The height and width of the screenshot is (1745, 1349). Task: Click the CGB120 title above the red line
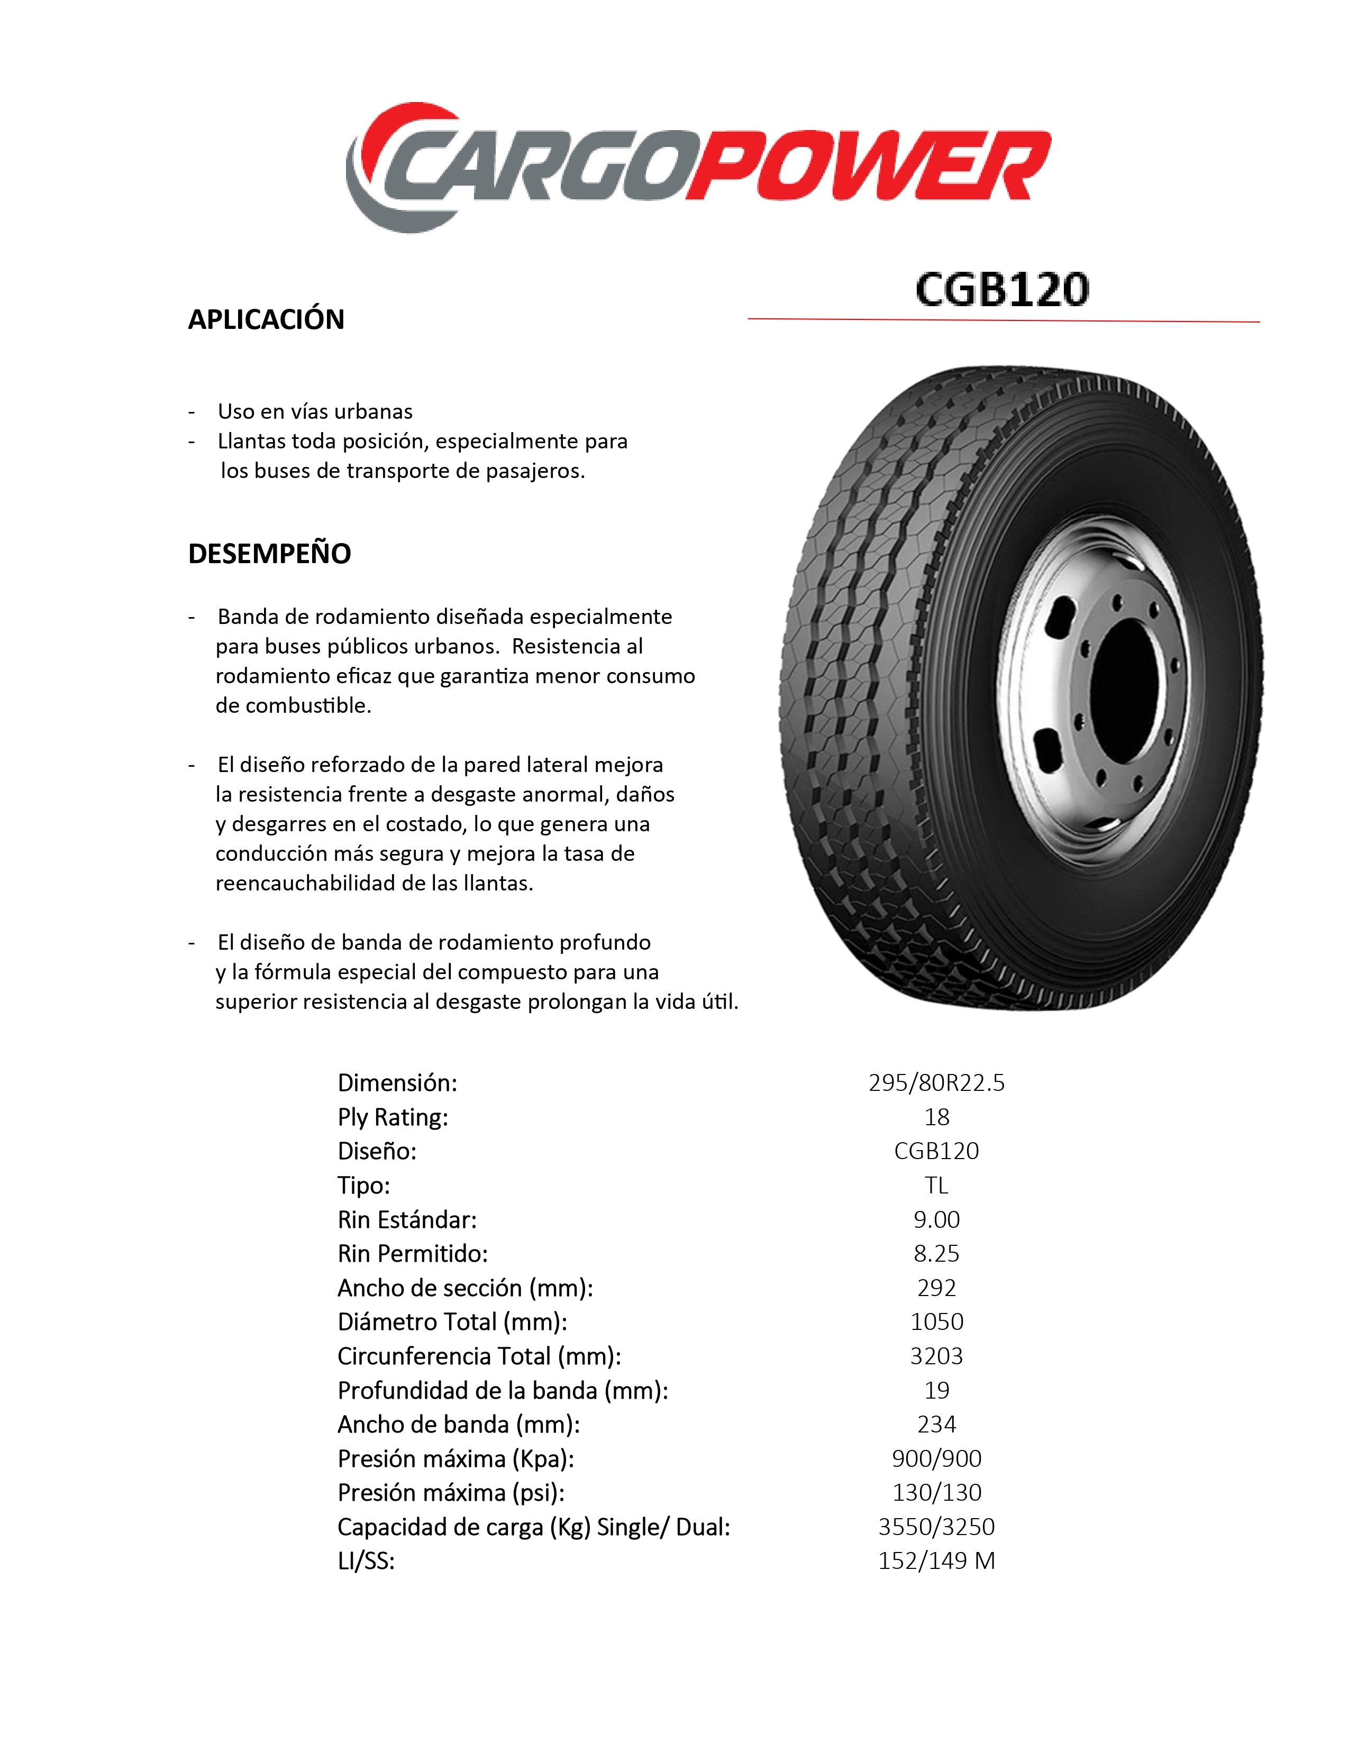[1001, 289]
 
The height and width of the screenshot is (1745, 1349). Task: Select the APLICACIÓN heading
[266, 319]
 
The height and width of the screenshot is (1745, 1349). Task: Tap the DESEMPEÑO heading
[269, 554]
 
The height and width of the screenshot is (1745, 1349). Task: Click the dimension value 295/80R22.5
[936, 1082]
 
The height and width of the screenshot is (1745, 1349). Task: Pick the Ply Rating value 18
[936, 1117]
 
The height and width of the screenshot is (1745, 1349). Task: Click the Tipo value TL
[936, 1185]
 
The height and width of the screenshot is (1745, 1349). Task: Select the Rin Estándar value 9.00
[936, 1219]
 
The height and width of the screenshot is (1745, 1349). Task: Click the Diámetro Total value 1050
[936, 1321]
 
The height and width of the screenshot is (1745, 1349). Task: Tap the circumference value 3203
[936, 1356]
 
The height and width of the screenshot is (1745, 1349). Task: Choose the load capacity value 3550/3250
[936, 1527]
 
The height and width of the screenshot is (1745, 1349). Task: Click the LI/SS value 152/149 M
[936, 1560]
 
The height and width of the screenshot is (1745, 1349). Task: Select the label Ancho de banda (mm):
[458, 1425]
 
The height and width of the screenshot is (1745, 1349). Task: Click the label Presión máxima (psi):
[451, 1493]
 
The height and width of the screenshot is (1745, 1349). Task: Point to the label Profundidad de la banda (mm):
[503, 1390]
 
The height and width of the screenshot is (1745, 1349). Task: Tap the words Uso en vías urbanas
[315, 411]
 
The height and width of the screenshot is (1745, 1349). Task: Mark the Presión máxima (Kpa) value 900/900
[936, 1458]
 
